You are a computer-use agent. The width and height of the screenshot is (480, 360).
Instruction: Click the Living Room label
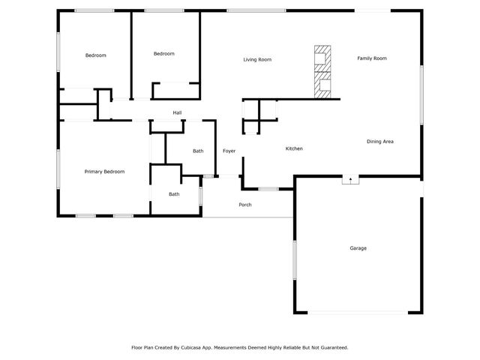click(x=257, y=59)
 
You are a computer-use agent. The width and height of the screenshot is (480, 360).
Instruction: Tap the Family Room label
click(x=371, y=58)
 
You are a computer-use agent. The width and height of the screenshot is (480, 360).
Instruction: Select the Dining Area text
click(x=380, y=141)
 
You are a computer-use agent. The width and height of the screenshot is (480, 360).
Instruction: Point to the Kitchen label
click(x=294, y=148)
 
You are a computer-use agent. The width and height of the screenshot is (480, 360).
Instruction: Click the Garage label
click(x=358, y=247)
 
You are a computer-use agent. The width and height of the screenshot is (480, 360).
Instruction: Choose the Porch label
click(x=245, y=205)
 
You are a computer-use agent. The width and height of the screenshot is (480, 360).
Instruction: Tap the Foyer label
click(x=229, y=151)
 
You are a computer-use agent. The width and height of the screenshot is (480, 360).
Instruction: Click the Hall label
click(x=178, y=113)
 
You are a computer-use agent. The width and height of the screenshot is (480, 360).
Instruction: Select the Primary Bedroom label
click(x=104, y=172)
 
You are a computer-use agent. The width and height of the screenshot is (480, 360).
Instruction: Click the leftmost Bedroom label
click(x=95, y=55)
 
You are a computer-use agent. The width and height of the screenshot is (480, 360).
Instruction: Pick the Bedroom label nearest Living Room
click(x=164, y=53)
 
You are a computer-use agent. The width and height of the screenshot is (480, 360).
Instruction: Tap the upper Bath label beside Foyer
click(x=198, y=151)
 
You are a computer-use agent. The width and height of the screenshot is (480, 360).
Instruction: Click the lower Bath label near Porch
click(x=174, y=194)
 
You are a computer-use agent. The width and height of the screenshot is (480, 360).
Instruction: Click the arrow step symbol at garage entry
click(x=350, y=180)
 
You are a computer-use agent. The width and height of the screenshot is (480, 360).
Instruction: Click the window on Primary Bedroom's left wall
click(x=58, y=168)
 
